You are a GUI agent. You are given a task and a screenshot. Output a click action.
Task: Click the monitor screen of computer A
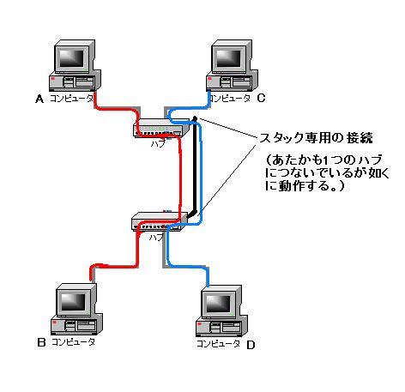(73, 57)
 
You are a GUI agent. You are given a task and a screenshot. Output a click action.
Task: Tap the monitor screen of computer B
(73, 300)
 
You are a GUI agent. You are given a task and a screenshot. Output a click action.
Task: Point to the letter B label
(40, 342)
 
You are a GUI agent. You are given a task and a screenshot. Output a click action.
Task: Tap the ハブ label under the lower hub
(155, 235)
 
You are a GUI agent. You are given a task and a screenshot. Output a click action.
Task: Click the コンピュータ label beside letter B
(73, 342)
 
